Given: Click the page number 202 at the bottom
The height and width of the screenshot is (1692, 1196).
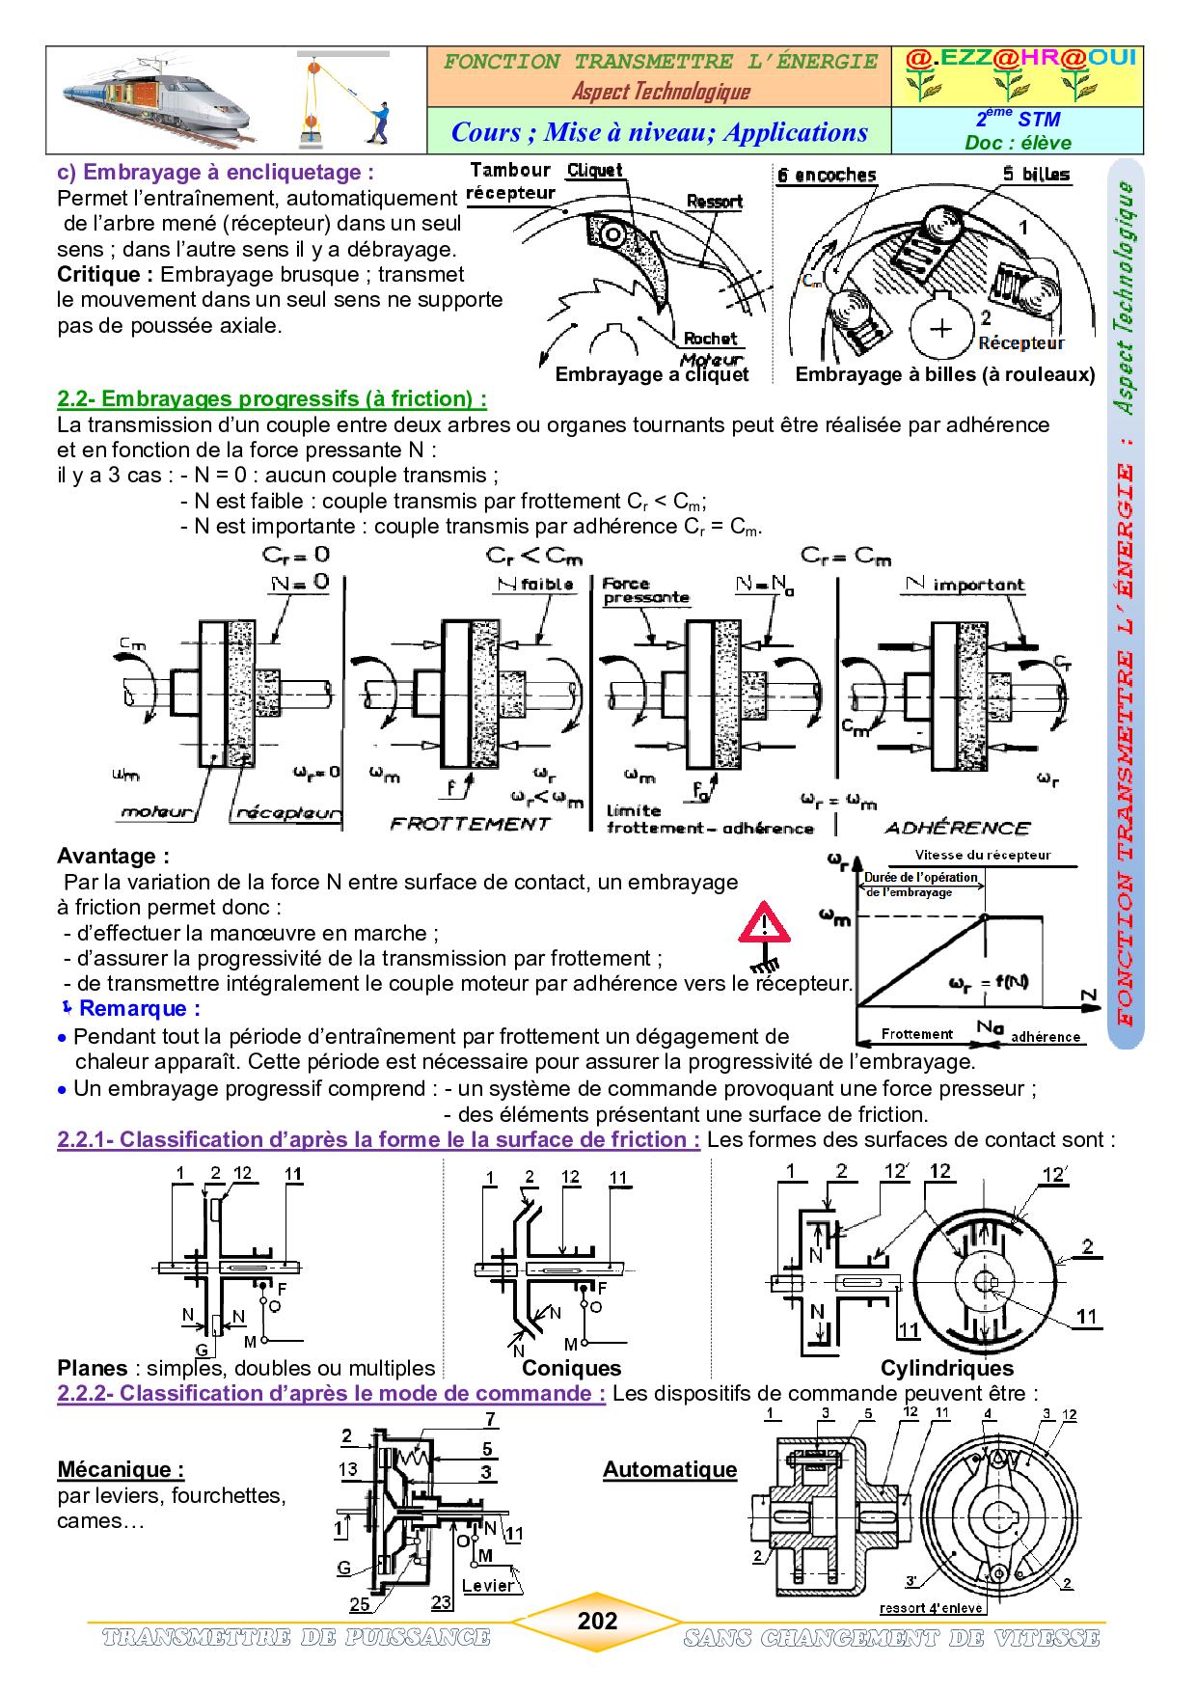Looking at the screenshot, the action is [x=597, y=1620].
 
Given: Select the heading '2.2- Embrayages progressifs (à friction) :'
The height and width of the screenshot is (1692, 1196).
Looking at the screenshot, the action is [x=272, y=398].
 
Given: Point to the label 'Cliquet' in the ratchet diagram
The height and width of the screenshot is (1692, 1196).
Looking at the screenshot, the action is [x=595, y=171].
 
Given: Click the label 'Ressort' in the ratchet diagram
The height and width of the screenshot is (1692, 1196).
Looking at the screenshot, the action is [x=714, y=202].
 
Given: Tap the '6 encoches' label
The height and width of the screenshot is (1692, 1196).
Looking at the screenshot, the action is [x=828, y=175].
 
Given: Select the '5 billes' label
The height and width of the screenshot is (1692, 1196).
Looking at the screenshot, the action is [x=1035, y=175].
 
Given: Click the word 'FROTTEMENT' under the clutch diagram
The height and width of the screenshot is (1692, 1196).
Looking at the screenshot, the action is [x=470, y=823].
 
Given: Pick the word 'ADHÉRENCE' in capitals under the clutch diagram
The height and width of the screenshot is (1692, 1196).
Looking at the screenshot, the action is [x=957, y=827].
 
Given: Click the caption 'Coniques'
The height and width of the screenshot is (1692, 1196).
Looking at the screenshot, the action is [x=572, y=1368].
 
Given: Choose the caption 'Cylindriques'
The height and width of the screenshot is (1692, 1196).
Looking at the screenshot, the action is [x=947, y=1368].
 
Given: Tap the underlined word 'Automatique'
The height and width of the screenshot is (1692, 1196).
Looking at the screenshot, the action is [x=670, y=1469].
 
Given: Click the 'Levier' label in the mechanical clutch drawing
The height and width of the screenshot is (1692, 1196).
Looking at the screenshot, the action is [x=488, y=1586].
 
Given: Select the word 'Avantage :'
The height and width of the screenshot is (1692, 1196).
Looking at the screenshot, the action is [x=113, y=856].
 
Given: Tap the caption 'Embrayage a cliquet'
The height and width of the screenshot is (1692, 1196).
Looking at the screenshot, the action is [x=652, y=374].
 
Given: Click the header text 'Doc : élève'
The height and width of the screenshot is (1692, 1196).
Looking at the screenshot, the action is [x=1018, y=143].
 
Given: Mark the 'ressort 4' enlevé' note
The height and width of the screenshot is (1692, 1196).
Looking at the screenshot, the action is [x=932, y=1608].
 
